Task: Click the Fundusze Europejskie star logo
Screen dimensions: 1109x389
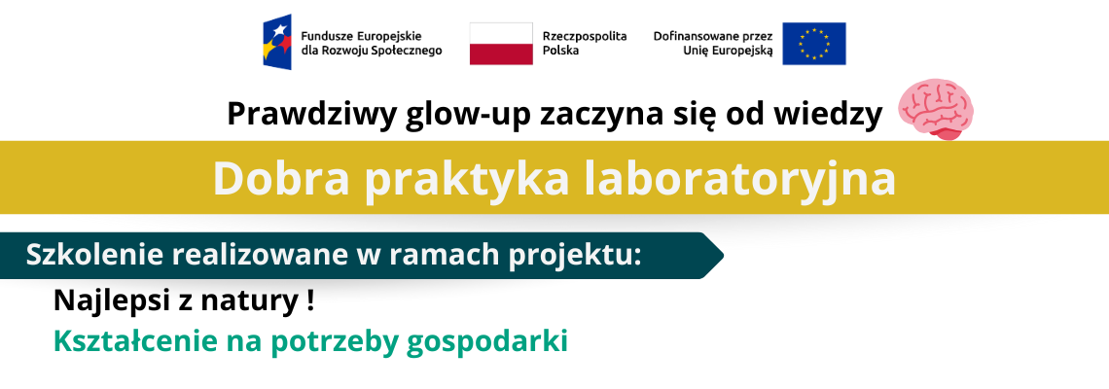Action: click(277, 42)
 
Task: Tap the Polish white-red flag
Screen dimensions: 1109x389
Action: click(501, 43)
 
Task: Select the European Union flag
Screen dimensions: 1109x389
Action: click(813, 43)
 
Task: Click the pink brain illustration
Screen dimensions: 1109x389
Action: click(936, 108)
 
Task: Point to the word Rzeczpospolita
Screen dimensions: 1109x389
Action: click(585, 36)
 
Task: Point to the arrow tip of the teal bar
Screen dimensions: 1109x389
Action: click(723, 256)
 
